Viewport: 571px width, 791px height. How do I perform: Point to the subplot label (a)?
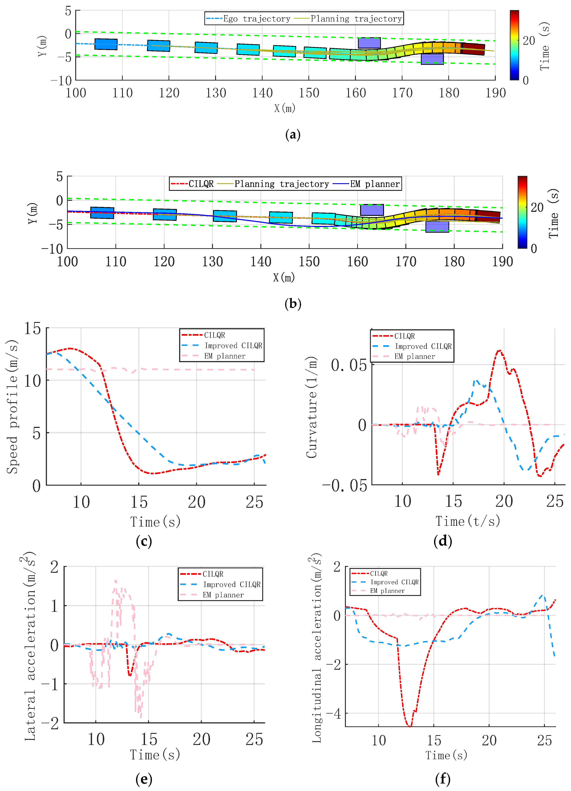click(x=293, y=135)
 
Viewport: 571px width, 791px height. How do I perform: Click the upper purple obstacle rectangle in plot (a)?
click(x=369, y=43)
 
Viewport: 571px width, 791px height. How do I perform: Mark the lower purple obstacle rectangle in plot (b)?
click(x=437, y=227)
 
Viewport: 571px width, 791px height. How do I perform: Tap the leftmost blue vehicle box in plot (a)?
click(x=106, y=44)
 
